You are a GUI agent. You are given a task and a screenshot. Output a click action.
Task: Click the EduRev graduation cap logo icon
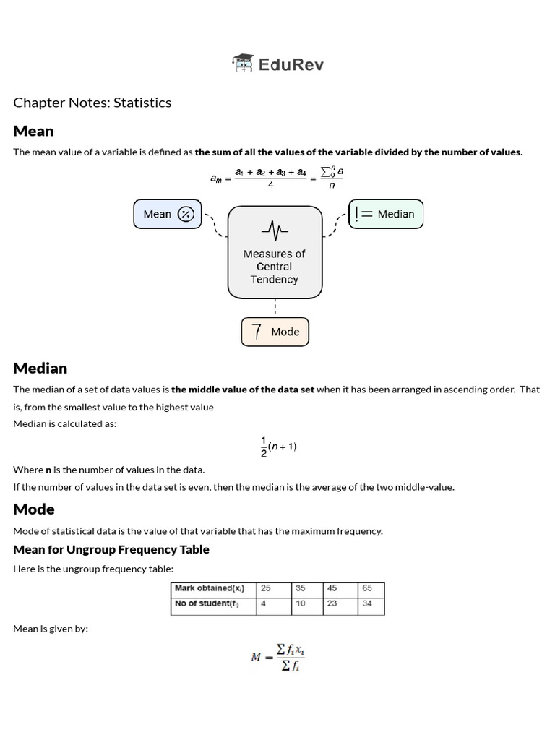243,64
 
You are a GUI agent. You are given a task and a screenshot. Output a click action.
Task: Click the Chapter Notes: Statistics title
92,103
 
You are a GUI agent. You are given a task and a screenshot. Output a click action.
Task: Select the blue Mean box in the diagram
166,214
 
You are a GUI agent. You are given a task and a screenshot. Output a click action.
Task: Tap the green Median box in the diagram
386,214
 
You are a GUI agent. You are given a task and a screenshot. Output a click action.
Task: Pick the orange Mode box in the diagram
275,332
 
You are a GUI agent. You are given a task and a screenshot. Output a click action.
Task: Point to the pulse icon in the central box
275,231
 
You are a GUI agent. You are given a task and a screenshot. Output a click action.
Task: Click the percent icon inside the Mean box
186,214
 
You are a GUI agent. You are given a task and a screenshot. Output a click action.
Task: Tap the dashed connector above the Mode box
275,308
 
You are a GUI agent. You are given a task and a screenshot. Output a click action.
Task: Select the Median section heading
40,368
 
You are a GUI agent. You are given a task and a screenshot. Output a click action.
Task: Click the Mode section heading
34,509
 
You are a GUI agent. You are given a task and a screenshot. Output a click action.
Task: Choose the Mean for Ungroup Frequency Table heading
111,549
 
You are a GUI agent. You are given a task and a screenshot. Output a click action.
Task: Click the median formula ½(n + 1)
278,447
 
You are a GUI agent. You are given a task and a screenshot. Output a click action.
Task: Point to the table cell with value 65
371,588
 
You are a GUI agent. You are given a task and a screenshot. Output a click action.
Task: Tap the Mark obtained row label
213,588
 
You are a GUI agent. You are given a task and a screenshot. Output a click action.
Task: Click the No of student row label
213,603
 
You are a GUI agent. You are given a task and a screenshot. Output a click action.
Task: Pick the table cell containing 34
371,603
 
